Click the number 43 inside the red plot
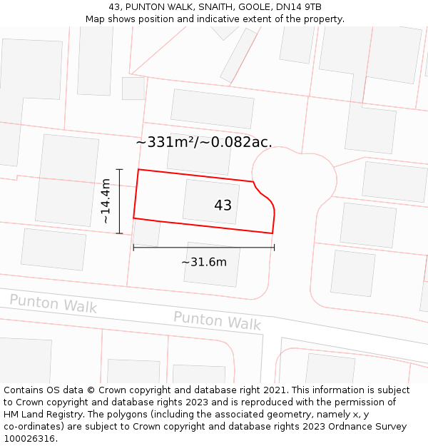[x=223, y=206]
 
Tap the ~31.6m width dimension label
[x=204, y=262]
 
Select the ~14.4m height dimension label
[x=106, y=201]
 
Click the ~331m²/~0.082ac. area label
[x=204, y=142]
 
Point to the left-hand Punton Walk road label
[x=53, y=303]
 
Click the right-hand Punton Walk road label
[x=217, y=320]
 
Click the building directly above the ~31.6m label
[x=212, y=265]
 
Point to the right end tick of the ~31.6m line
[x=274, y=248]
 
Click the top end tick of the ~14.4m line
[x=120, y=169]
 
